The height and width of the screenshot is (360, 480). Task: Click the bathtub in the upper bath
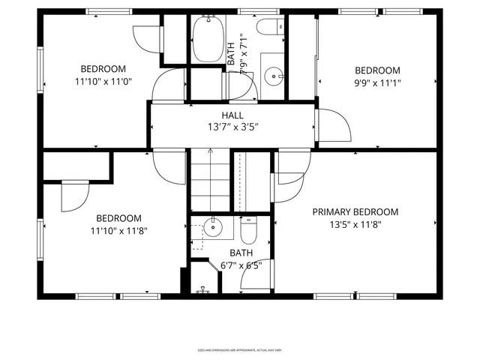click(x=203, y=40)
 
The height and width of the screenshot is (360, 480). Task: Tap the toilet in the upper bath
click(x=268, y=28)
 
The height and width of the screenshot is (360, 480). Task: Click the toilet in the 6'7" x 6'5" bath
click(x=250, y=226)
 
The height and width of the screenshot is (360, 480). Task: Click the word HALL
click(x=232, y=115)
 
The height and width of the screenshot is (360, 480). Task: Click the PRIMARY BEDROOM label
click(x=355, y=212)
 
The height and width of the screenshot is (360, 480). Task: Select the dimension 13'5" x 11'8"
click(x=355, y=225)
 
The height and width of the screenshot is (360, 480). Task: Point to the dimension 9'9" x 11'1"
click(x=377, y=83)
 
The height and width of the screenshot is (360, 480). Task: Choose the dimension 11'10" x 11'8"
click(x=118, y=231)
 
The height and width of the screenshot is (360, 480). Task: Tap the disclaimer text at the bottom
click(x=241, y=349)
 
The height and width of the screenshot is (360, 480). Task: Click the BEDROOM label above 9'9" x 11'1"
click(x=377, y=70)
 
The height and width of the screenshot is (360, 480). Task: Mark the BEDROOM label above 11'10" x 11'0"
click(x=103, y=68)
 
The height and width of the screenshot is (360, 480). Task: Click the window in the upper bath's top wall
click(x=249, y=11)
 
